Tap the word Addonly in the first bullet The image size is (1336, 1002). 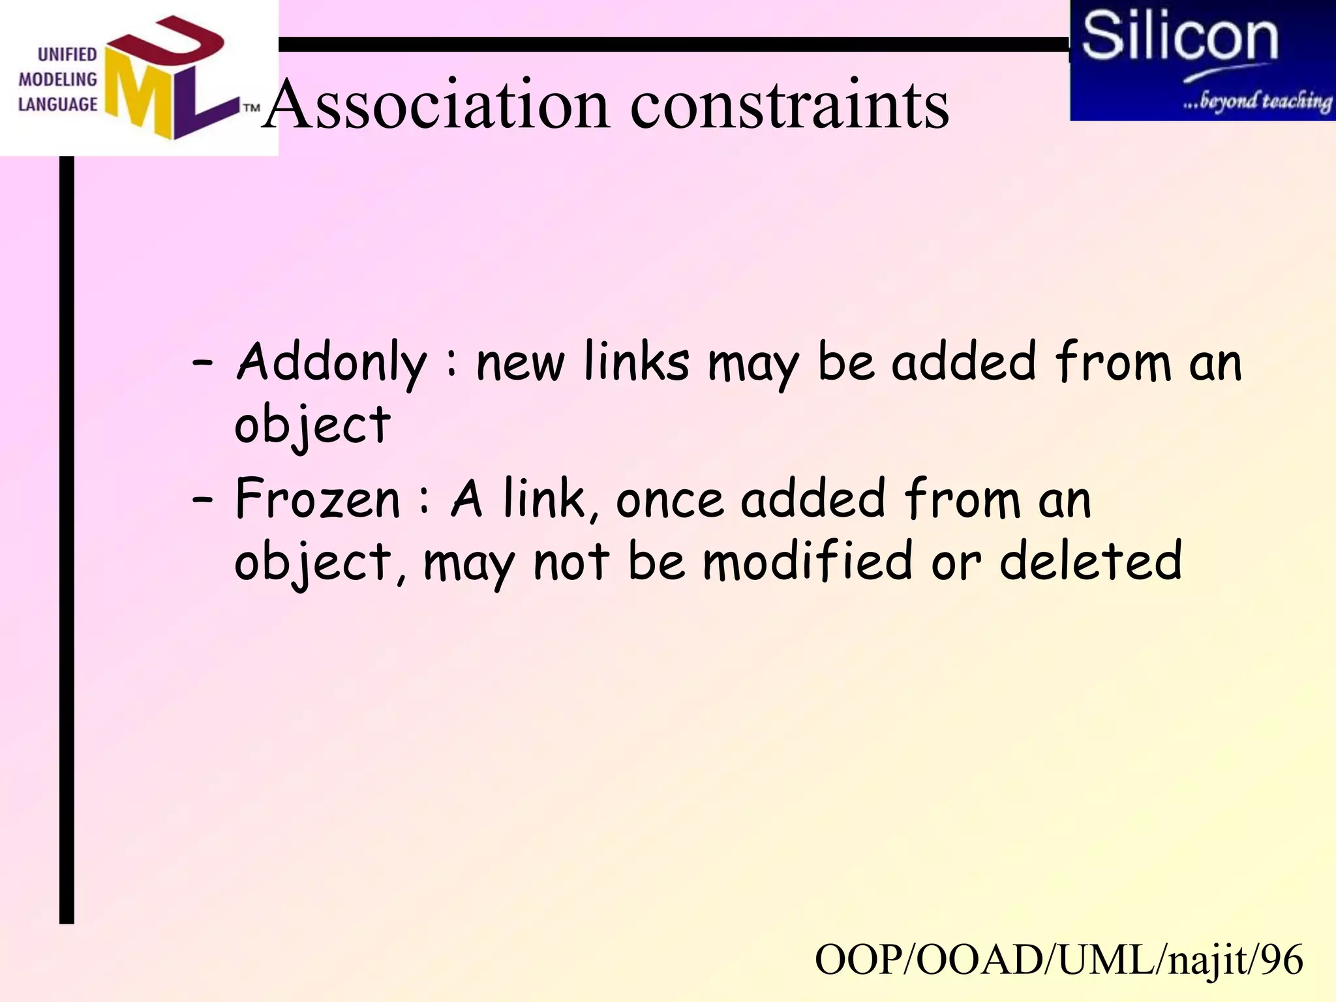click(331, 363)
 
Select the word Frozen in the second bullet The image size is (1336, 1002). click(318, 500)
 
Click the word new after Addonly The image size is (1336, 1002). click(520, 364)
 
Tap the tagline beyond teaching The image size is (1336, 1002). click(1257, 100)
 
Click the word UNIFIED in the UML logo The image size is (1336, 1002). click(67, 54)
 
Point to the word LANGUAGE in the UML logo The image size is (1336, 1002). click(57, 104)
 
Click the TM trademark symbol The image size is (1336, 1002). click(252, 108)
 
